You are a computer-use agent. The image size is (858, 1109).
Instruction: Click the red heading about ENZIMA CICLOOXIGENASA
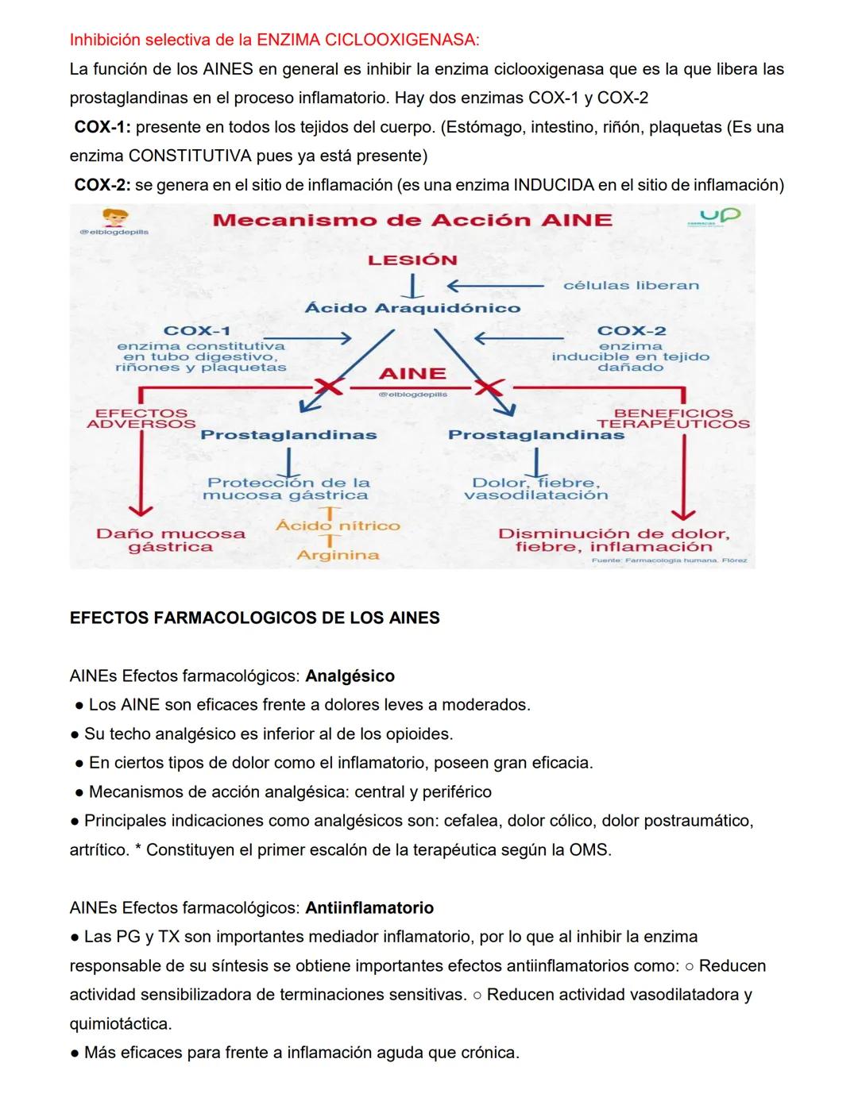[x=274, y=40]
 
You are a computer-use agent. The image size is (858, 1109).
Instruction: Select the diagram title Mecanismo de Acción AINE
[x=412, y=220]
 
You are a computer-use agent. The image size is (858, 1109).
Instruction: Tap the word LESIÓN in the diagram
[x=412, y=260]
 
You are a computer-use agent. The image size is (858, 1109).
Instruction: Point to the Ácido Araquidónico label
[x=412, y=308]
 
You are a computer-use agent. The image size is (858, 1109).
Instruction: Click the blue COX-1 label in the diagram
[x=197, y=330]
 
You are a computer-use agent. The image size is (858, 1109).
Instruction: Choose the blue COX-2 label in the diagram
[x=631, y=330]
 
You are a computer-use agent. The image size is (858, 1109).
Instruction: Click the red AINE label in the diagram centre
[x=412, y=373]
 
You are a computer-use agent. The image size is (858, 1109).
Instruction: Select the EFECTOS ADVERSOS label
[x=141, y=418]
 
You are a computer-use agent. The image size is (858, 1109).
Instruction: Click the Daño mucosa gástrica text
[x=171, y=540]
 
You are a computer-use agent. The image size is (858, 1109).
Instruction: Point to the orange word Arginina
[x=338, y=555]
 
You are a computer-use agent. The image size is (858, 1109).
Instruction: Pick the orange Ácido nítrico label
[x=338, y=526]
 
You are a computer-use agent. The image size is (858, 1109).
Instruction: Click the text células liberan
[x=631, y=285]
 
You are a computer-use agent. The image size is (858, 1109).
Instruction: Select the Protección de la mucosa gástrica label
[x=288, y=488]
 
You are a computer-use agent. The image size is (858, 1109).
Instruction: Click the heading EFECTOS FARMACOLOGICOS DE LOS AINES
[x=254, y=618]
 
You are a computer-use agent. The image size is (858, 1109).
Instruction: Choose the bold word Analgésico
[x=350, y=676]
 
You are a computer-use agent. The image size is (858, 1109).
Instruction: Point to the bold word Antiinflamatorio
[x=369, y=907]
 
